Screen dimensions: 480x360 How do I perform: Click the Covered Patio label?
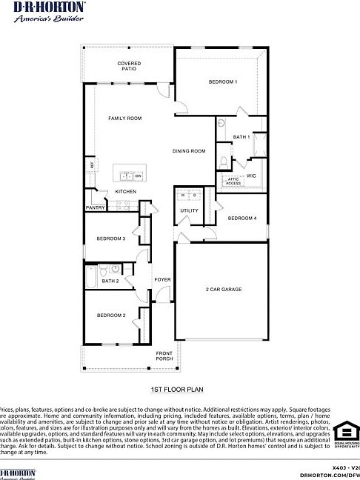click(x=129, y=66)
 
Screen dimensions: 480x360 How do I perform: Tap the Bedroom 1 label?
click(x=222, y=81)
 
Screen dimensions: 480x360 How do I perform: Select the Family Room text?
click(x=124, y=118)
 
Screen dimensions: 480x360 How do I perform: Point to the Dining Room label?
click(x=189, y=151)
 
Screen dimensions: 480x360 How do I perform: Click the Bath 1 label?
click(x=241, y=137)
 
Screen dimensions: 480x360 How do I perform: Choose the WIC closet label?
click(x=251, y=176)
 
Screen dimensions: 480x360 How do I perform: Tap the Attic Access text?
click(x=233, y=181)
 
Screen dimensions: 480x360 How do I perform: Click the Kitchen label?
click(x=125, y=192)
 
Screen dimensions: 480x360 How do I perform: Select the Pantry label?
click(x=96, y=208)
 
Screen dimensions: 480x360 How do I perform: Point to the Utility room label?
click(x=188, y=211)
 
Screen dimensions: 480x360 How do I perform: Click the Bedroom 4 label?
click(x=242, y=218)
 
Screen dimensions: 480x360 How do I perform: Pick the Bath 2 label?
click(x=110, y=281)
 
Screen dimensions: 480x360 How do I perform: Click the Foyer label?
click(x=162, y=279)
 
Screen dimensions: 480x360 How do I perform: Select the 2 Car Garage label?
click(x=223, y=290)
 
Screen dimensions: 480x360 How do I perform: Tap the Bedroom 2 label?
click(x=111, y=316)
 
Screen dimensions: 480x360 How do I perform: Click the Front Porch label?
click(x=164, y=356)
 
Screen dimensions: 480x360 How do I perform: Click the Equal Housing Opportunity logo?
click(x=346, y=436)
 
